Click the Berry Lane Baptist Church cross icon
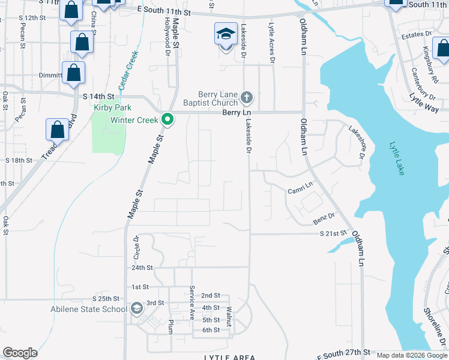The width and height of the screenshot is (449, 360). [246, 97]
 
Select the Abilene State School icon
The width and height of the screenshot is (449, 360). [136, 309]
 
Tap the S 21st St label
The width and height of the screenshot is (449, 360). [334, 233]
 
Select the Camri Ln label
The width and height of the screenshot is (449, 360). [301, 189]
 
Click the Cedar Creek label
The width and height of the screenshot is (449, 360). [130, 70]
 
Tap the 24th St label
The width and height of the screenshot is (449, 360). [142, 268]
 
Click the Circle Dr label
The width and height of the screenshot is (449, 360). [136, 247]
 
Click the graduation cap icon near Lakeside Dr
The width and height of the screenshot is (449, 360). [226, 34]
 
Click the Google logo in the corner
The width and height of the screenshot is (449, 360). [20, 353]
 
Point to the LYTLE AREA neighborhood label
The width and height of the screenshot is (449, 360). [231, 357]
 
